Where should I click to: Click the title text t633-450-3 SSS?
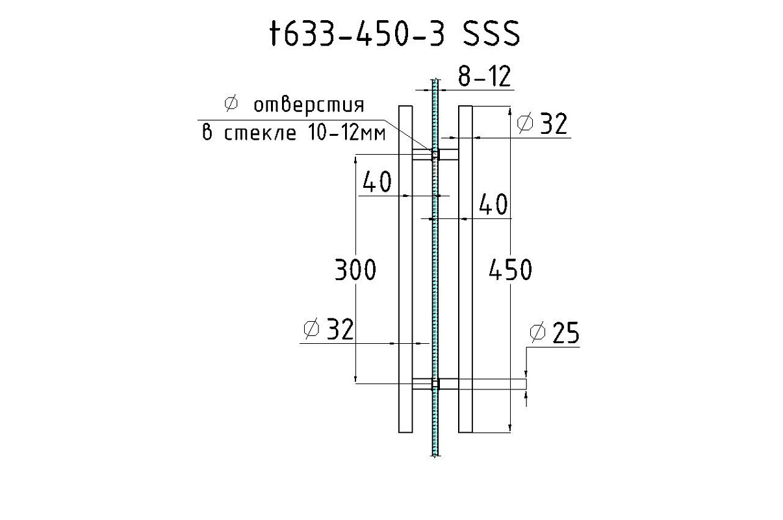395,33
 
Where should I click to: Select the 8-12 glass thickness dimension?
485,76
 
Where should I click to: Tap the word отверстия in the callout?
309,105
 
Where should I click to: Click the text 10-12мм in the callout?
347,133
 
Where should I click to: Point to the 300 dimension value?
355,270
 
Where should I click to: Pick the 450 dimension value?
510,270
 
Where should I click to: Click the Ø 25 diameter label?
554,333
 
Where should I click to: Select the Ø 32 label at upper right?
542,123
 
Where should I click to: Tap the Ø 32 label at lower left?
329,329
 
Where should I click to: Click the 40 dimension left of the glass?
377,182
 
